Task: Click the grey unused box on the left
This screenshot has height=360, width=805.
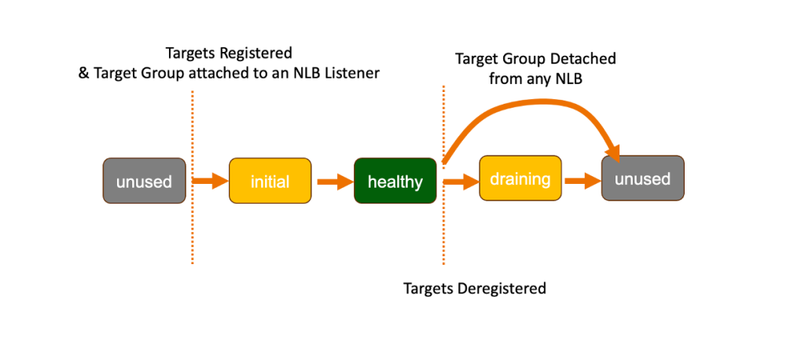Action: [x=144, y=182]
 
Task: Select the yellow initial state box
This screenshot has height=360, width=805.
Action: [x=270, y=182]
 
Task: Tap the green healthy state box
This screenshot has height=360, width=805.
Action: [x=395, y=182]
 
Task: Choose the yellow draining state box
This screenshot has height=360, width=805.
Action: [x=520, y=178]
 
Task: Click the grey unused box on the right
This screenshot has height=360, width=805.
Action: [x=642, y=178]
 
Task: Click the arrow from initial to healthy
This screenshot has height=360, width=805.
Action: [x=333, y=182]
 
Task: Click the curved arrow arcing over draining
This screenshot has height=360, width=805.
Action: [x=535, y=101]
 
